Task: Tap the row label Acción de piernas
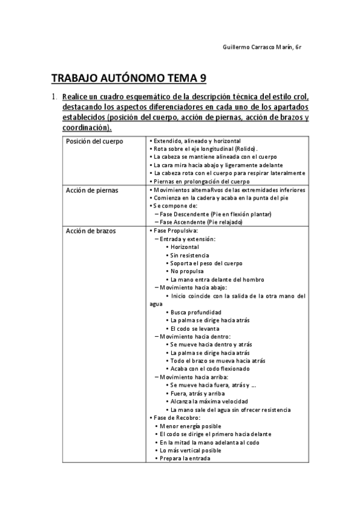(x=92, y=190)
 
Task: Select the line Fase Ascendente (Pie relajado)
(x=200, y=223)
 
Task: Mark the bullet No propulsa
(x=185, y=271)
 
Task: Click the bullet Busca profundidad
(x=195, y=312)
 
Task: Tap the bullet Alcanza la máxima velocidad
(x=209, y=401)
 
